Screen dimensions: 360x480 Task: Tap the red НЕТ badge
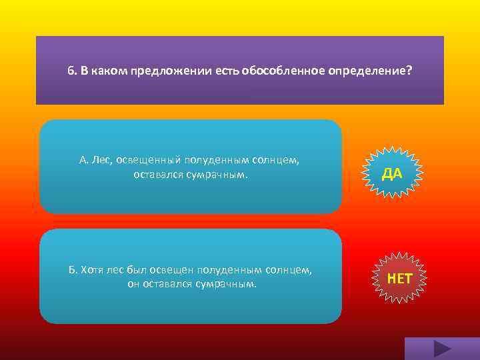399,278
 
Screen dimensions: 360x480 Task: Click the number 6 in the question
70,71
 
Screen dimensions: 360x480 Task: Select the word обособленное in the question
291,71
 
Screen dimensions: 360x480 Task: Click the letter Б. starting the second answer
73,270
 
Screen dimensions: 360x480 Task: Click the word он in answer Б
133,283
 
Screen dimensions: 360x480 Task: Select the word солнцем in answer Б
293,270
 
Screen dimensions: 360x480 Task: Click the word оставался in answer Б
167,283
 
